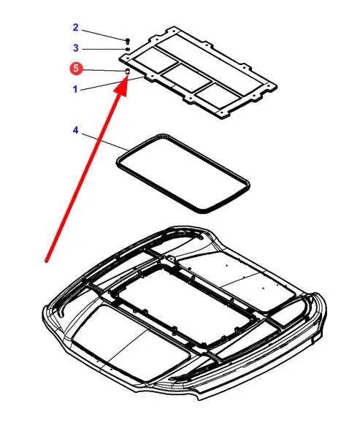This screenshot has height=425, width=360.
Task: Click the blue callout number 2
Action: pyautogui.click(x=76, y=27)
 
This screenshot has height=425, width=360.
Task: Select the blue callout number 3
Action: pyautogui.click(x=76, y=48)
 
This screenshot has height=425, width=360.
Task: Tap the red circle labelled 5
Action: pyautogui.click(x=76, y=68)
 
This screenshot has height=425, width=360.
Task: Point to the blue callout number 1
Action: pyautogui.click(x=75, y=89)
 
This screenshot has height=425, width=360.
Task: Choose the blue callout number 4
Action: pyautogui.click(x=76, y=131)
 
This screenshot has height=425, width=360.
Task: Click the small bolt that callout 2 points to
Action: pyautogui.click(x=128, y=41)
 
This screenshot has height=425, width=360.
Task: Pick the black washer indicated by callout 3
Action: pyautogui.click(x=128, y=49)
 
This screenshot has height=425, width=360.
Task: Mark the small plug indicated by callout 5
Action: pyautogui.click(x=127, y=72)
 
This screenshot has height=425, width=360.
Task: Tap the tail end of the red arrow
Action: pyautogui.click(x=46, y=261)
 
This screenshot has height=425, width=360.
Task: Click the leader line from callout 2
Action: pyautogui.click(x=103, y=35)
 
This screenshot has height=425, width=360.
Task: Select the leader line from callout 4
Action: pyautogui.click(x=105, y=142)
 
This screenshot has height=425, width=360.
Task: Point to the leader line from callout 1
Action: pyautogui.click(x=112, y=83)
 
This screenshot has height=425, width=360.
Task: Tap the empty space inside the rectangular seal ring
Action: pyautogui.click(x=183, y=174)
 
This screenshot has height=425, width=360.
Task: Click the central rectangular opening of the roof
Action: pyautogui.click(x=183, y=305)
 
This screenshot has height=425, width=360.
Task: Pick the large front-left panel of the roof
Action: pyautogui.click(x=131, y=343)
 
